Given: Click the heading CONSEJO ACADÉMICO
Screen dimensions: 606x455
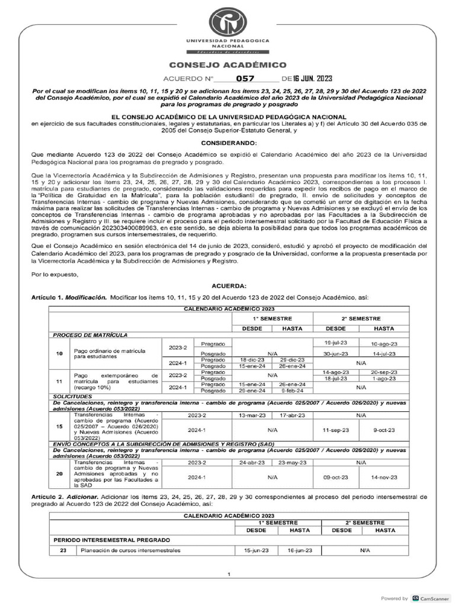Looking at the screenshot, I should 228,65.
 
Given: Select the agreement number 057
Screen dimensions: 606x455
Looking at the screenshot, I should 245,78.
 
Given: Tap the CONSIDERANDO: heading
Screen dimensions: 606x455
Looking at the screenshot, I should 228,143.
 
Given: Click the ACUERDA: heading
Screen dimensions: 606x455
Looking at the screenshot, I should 228,285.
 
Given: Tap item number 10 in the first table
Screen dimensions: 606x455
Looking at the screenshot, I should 59,354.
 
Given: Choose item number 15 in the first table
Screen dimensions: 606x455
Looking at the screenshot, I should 59,426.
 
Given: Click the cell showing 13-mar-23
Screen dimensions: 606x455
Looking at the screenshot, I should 251,415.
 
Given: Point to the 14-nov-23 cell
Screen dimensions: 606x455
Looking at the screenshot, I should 384,477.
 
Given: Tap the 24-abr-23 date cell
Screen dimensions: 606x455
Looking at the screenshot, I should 251,462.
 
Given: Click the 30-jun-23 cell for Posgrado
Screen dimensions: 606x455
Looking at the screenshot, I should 336,353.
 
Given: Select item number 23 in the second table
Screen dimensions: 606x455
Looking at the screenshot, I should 63,550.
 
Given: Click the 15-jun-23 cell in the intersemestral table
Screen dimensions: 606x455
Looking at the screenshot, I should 257,550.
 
